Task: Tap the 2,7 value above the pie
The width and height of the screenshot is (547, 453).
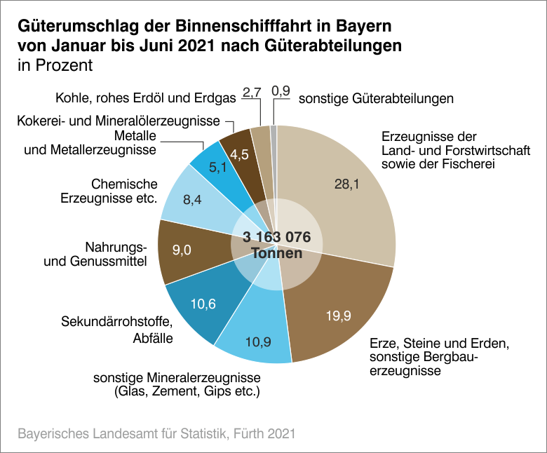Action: [x=251, y=92]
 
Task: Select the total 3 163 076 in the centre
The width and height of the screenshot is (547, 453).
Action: [x=276, y=236]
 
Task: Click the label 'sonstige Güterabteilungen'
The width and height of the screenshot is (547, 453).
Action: [x=376, y=99]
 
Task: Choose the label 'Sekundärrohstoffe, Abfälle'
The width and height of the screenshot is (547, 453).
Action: [x=117, y=330]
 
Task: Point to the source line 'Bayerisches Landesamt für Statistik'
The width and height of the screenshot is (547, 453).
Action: [x=118, y=433]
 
